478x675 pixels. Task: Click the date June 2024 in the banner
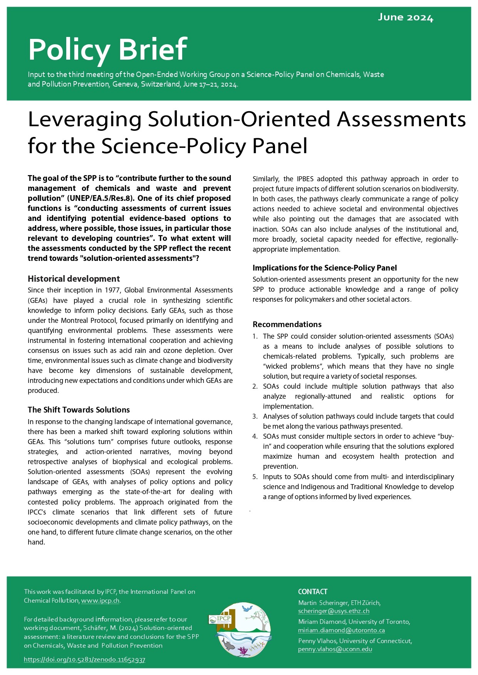pyautogui.click(x=405, y=17)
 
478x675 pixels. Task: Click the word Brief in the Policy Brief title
pyautogui.click(x=153, y=49)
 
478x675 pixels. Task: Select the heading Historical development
pyautogui.click(x=74, y=279)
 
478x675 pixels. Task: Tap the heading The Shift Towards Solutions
pyautogui.click(x=79, y=410)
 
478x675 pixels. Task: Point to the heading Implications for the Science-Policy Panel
pyautogui.click(x=324, y=268)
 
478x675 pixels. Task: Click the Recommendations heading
pyautogui.click(x=287, y=324)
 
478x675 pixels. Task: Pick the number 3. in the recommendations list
pyautogui.click(x=255, y=416)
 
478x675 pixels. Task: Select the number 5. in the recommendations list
pyautogui.click(x=255, y=477)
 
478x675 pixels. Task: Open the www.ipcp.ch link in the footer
pyautogui.click(x=101, y=601)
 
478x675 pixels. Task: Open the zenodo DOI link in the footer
pyautogui.click(x=84, y=660)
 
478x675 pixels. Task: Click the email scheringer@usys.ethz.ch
pyautogui.click(x=334, y=611)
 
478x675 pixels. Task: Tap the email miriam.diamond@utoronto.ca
pyautogui.click(x=341, y=630)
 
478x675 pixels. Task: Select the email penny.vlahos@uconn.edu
pyautogui.click(x=335, y=649)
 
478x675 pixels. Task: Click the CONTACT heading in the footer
pyautogui.click(x=312, y=592)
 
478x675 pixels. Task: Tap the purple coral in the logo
pyautogui.click(x=243, y=651)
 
